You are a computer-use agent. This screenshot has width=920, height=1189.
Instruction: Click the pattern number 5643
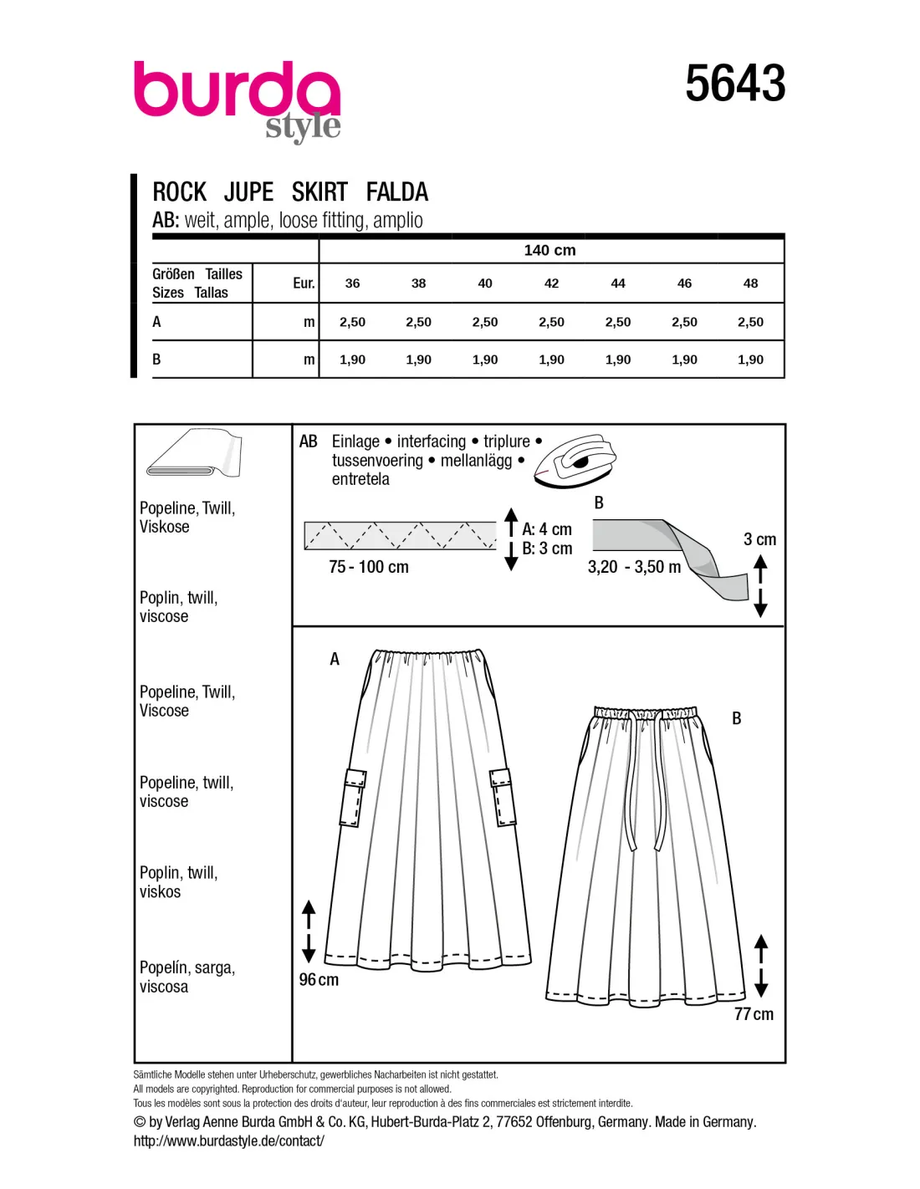point(735,84)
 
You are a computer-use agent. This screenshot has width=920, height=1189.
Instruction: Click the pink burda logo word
point(236,90)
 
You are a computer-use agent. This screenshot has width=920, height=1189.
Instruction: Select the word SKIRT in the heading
point(319,192)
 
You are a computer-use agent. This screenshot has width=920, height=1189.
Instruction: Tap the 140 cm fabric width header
point(549,250)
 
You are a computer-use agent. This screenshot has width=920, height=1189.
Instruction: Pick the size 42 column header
point(551,283)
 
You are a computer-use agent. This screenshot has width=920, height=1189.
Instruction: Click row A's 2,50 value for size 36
point(352,322)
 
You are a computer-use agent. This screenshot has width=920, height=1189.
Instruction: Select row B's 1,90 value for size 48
point(750,360)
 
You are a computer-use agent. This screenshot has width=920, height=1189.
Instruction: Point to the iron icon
point(575,461)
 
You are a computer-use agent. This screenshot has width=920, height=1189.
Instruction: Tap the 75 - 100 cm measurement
point(369,567)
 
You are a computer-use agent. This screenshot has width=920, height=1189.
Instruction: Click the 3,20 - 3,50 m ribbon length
point(634,567)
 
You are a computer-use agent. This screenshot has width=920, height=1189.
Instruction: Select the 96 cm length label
point(319,980)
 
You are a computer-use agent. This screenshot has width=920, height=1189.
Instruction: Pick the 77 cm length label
point(754,1014)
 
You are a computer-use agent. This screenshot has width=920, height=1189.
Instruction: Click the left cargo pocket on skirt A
point(352,798)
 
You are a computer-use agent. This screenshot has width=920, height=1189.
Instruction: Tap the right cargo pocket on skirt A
point(503,798)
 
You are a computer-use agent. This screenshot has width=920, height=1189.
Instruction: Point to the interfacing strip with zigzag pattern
point(400,536)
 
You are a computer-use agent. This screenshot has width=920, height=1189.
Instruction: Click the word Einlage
point(355,441)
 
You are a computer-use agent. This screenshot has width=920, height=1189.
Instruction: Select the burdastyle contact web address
point(228,1141)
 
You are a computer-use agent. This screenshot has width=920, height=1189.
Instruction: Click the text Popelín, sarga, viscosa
point(187,977)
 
